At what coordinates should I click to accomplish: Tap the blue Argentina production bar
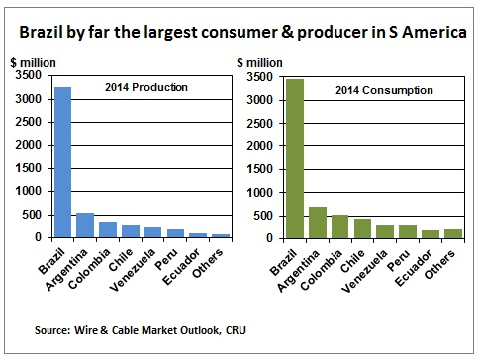pyautogui.click(x=86, y=225)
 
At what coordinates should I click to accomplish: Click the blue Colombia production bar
pyautogui.click(x=108, y=229)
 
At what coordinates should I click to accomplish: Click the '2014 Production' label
pyautogui.click(x=145, y=88)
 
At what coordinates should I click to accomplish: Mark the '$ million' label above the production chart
pyautogui.click(x=38, y=62)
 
